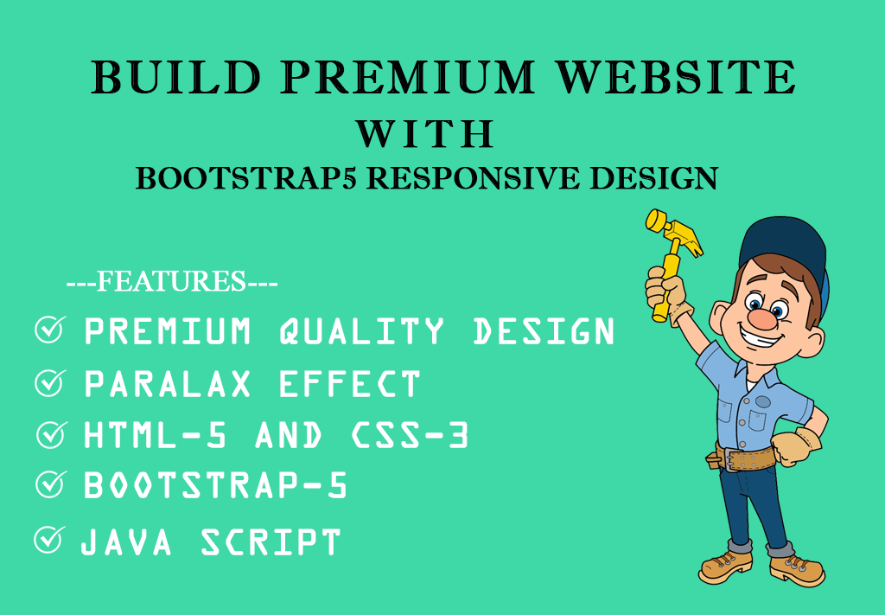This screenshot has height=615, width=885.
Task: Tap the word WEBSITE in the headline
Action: point(677,78)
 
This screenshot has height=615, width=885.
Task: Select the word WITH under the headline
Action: point(424,135)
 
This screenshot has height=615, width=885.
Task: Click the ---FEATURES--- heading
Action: point(172,282)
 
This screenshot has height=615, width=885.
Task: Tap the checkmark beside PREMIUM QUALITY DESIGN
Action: point(49,330)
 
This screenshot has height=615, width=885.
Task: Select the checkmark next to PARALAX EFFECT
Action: point(49,383)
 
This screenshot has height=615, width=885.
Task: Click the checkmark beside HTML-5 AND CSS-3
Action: point(51,435)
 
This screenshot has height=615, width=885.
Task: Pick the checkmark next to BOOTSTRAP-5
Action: point(49,485)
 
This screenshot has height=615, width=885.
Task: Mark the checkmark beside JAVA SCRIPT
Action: point(48,541)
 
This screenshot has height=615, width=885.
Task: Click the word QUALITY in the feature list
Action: point(362,331)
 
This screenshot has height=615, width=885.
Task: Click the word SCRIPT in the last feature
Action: point(271,542)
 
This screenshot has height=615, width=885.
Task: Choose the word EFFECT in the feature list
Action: point(349,384)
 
